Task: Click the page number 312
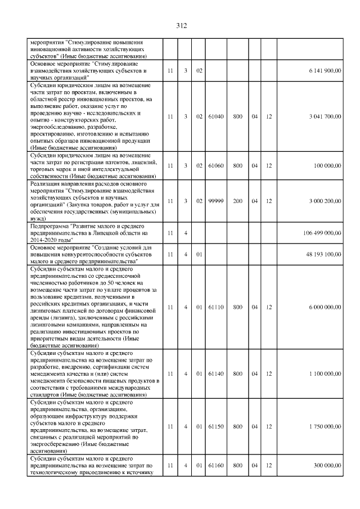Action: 181,26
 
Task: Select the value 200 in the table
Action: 238,201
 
